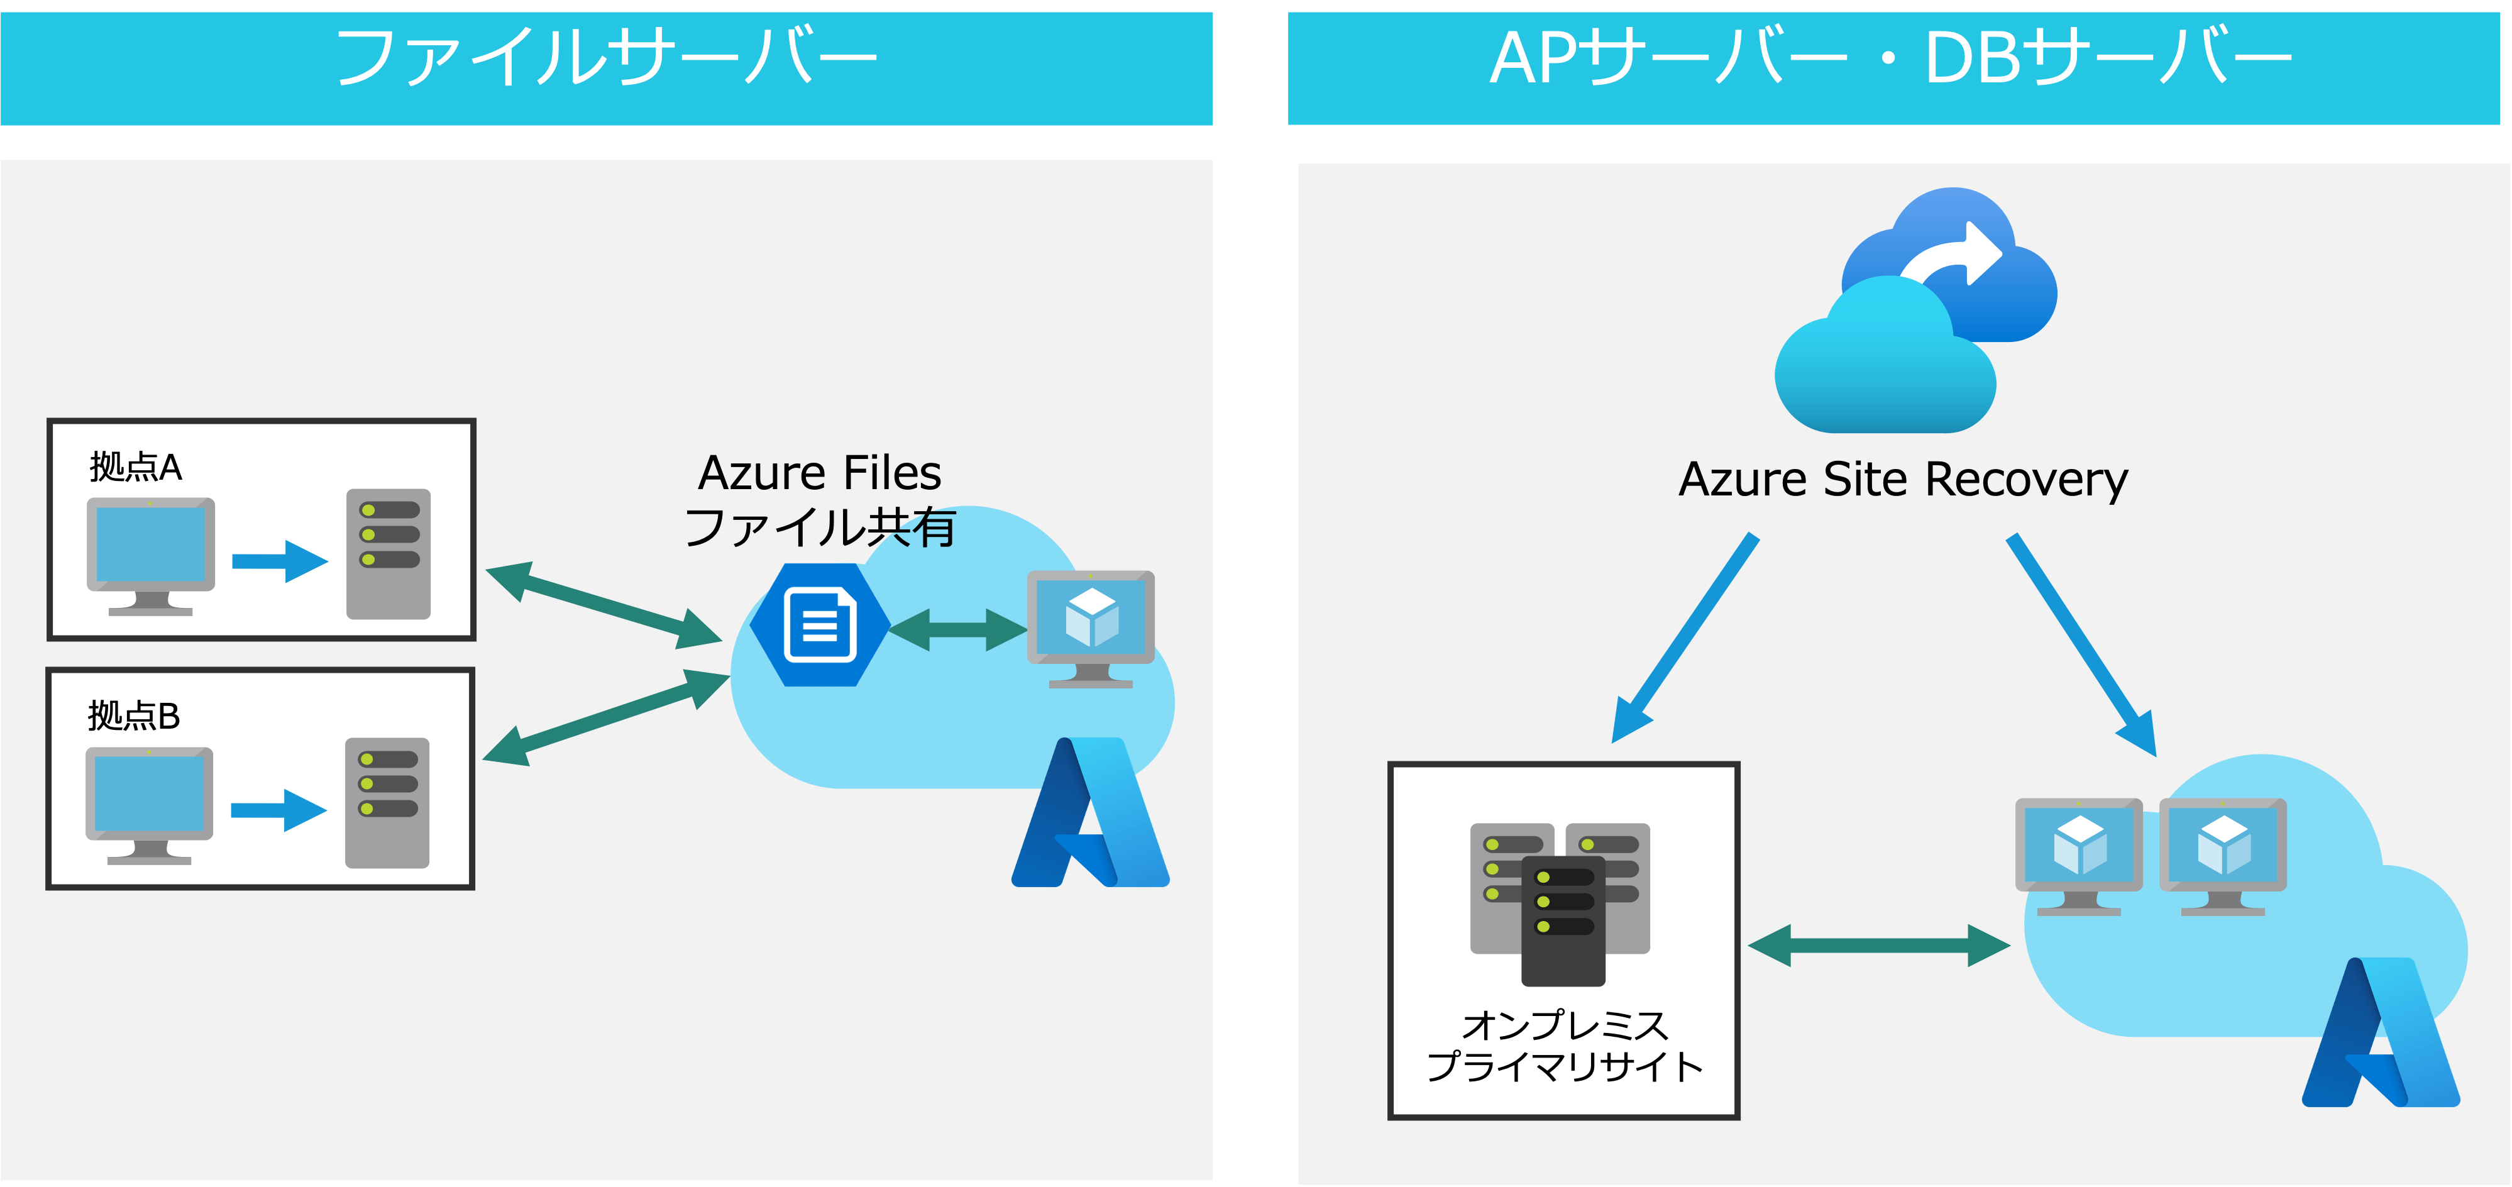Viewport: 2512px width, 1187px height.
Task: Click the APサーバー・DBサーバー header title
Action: pyautogui.click(x=1892, y=58)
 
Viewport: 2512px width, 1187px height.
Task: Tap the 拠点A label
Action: pyautogui.click(x=136, y=467)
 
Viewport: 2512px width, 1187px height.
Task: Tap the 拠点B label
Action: pyautogui.click(x=134, y=716)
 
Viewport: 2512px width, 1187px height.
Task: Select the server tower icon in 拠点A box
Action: pyautogui.click(x=388, y=553)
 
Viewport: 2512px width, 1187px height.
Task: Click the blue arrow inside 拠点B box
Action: pyautogui.click(x=278, y=810)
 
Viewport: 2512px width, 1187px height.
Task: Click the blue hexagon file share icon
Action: pyautogui.click(x=819, y=625)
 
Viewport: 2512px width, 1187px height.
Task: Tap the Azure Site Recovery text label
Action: pyautogui.click(x=1902, y=480)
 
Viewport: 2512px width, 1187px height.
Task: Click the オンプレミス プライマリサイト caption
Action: pyautogui.click(x=1564, y=1046)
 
